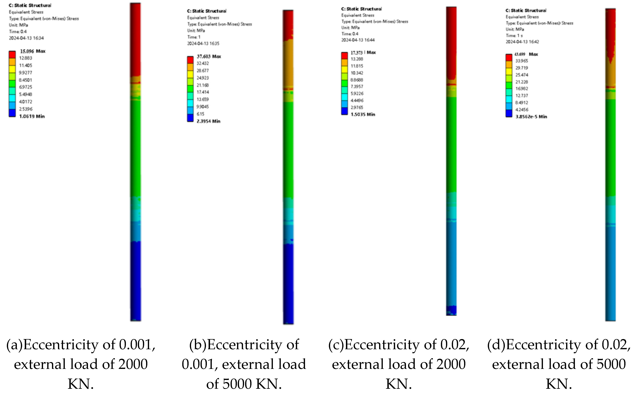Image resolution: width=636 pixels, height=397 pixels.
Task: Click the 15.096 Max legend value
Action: (x=32, y=51)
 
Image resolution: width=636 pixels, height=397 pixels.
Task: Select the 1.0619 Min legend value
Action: (x=32, y=116)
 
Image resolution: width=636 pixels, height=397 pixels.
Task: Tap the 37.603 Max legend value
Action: (x=209, y=57)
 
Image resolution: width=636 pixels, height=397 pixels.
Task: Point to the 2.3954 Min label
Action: (x=208, y=121)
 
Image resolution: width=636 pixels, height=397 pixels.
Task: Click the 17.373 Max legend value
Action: (x=363, y=53)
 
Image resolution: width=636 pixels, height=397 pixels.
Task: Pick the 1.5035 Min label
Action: (x=363, y=114)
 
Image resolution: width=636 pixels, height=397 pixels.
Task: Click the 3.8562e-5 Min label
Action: (x=531, y=117)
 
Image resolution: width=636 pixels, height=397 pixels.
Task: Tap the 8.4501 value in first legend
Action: (x=25, y=80)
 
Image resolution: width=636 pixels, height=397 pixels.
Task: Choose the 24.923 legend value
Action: (x=203, y=78)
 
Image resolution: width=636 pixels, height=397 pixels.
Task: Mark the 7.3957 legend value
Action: (x=357, y=87)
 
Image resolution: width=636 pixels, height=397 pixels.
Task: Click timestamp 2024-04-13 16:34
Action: (x=26, y=38)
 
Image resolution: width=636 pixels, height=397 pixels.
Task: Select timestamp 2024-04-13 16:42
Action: (x=522, y=42)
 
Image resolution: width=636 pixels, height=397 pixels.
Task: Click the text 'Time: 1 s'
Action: (x=514, y=35)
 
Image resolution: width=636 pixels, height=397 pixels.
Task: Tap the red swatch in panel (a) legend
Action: (x=12, y=55)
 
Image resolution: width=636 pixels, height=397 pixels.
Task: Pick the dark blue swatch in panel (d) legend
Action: (x=509, y=113)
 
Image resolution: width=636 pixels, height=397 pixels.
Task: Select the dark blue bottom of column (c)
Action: (x=451, y=310)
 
